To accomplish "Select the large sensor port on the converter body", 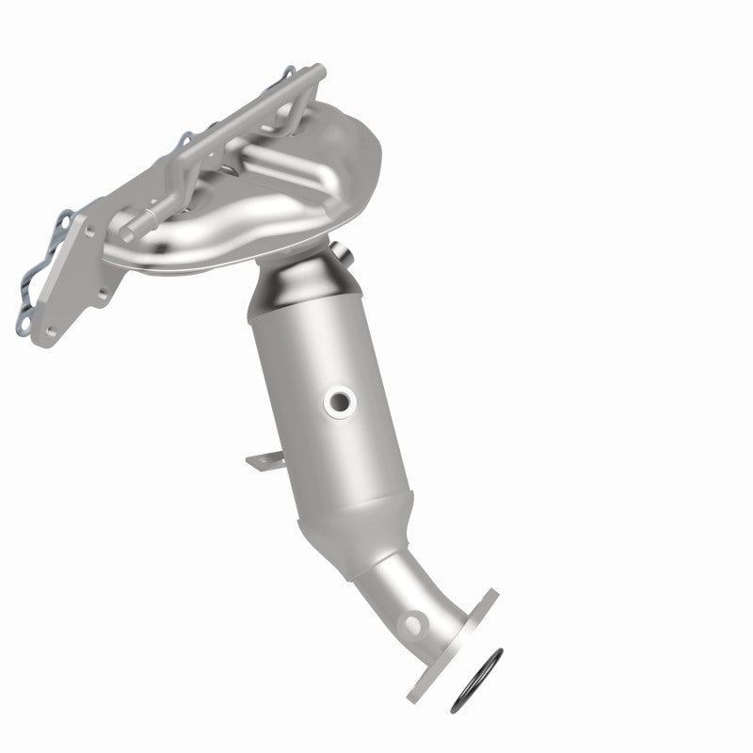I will pyautogui.click(x=339, y=402).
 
